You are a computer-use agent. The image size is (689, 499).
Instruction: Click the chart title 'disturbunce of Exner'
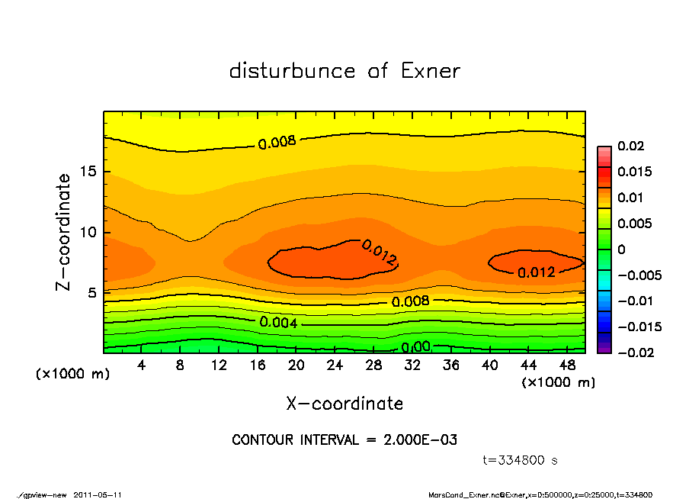click(x=344, y=71)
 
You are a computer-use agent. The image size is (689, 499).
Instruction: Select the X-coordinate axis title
click(x=344, y=404)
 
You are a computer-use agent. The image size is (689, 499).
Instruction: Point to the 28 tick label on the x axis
click(x=373, y=365)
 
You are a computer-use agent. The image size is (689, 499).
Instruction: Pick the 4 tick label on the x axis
click(x=142, y=365)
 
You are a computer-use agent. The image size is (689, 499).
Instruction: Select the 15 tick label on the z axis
click(x=88, y=172)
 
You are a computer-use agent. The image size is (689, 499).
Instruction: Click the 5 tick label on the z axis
click(x=92, y=292)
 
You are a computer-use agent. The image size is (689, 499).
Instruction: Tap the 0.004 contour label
click(x=278, y=322)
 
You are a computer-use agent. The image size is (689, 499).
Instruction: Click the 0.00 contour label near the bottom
click(x=416, y=346)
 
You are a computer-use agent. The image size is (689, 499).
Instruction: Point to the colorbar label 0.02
click(x=632, y=146)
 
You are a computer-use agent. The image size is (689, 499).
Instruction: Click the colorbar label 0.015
click(x=635, y=172)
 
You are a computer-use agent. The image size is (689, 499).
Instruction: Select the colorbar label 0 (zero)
click(x=621, y=250)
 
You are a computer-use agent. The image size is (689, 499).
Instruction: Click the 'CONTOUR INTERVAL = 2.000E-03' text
click(x=344, y=440)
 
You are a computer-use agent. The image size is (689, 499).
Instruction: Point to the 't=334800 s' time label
click(x=521, y=460)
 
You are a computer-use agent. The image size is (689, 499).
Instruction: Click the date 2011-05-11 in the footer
click(x=98, y=494)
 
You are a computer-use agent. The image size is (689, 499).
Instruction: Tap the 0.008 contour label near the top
click(x=277, y=142)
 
